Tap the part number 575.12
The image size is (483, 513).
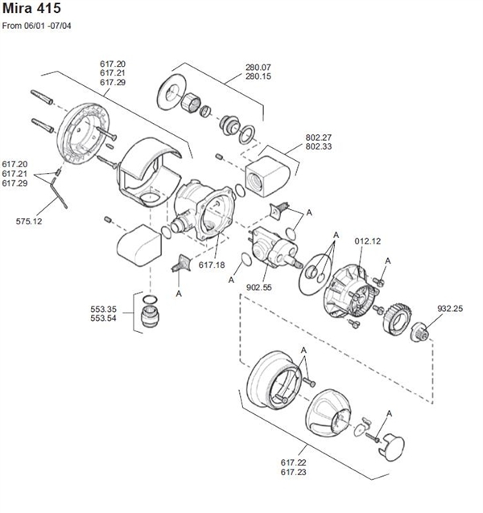pos(30,219)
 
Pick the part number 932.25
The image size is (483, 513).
pos(448,308)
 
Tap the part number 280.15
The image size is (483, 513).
pos(258,76)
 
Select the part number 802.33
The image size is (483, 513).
pos(320,147)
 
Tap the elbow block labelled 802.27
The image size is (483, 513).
pos(268,178)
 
